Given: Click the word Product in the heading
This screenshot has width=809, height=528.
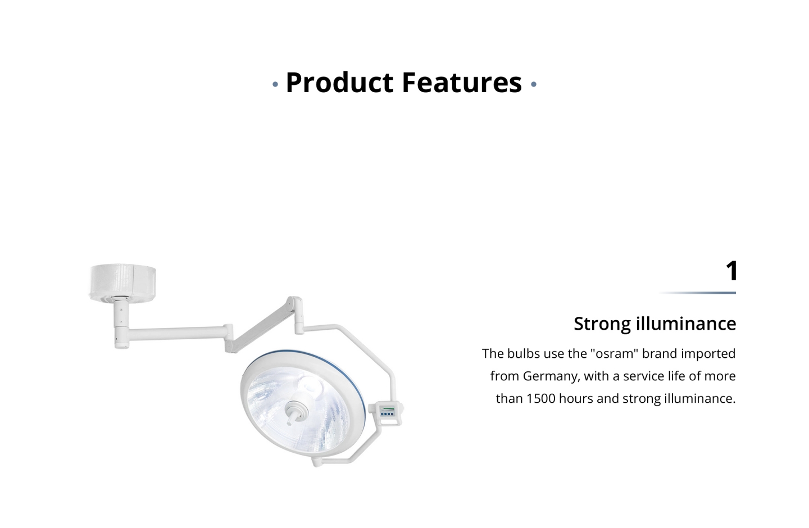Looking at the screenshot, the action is [339, 83].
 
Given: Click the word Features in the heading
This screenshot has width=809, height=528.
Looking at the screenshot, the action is [462, 83].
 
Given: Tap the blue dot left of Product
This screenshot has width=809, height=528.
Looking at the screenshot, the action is [275, 84].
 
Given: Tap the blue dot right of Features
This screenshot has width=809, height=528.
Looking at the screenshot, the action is [534, 84].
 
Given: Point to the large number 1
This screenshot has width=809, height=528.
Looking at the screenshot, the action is [731, 271].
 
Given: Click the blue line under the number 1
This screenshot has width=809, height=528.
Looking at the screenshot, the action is [697, 293].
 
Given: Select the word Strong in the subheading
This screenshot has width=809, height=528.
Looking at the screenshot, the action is [602, 324].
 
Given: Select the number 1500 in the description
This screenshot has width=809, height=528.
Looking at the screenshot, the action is [541, 399].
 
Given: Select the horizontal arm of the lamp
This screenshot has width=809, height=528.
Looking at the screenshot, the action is [177, 333].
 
